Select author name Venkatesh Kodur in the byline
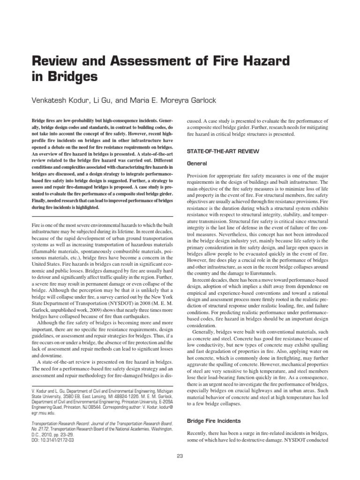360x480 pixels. click(x=65, y=100)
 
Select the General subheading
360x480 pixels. click(x=196, y=164)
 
